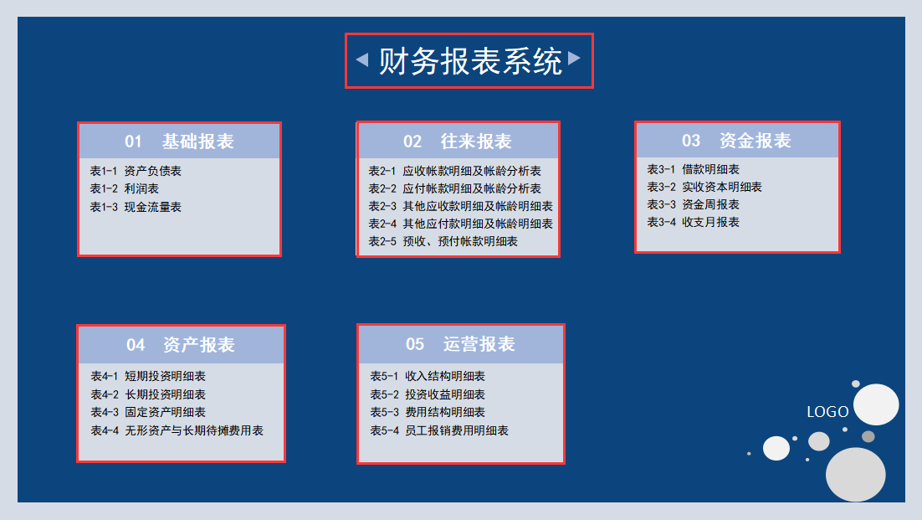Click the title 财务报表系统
[x=470, y=61]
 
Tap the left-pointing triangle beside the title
[x=362, y=59]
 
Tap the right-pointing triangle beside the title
[x=574, y=58]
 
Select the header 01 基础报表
[x=179, y=141]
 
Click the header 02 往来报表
[x=458, y=141]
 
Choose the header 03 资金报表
[x=736, y=140]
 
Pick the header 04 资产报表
[x=181, y=344]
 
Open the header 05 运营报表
[x=460, y=343]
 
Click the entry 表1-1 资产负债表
[x=136, y=171]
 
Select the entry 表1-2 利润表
[x=125, y=188]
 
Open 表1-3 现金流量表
[x=136, y=207]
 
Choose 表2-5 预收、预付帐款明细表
[x=443, y=241]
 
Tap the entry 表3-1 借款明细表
[x=693, y=169]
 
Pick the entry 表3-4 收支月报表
[x=693, y=222]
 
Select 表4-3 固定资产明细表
[x=148, y=412]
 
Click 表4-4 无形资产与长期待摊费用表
[x=177, y=430]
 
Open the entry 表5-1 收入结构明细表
[x=428, y=376]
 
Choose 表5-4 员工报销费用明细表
[x=439, y=430]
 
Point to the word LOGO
[x=827, y=412]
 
